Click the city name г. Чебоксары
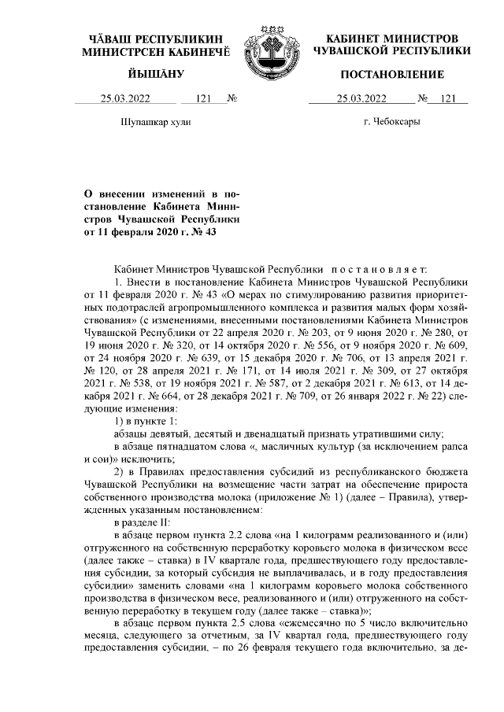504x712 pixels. [391, 124]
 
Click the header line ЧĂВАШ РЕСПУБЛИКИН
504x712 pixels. [155, 39]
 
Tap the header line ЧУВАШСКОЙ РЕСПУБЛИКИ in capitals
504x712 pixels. [391, 50]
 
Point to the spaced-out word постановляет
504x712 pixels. [382, 267]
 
